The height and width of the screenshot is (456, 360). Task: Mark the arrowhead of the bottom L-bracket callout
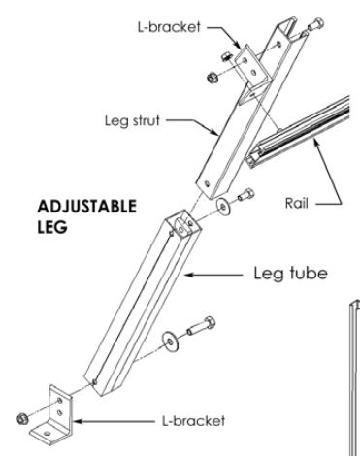click(x=77, y=424)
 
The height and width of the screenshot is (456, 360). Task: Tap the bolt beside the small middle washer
click(x=244, y=197)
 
